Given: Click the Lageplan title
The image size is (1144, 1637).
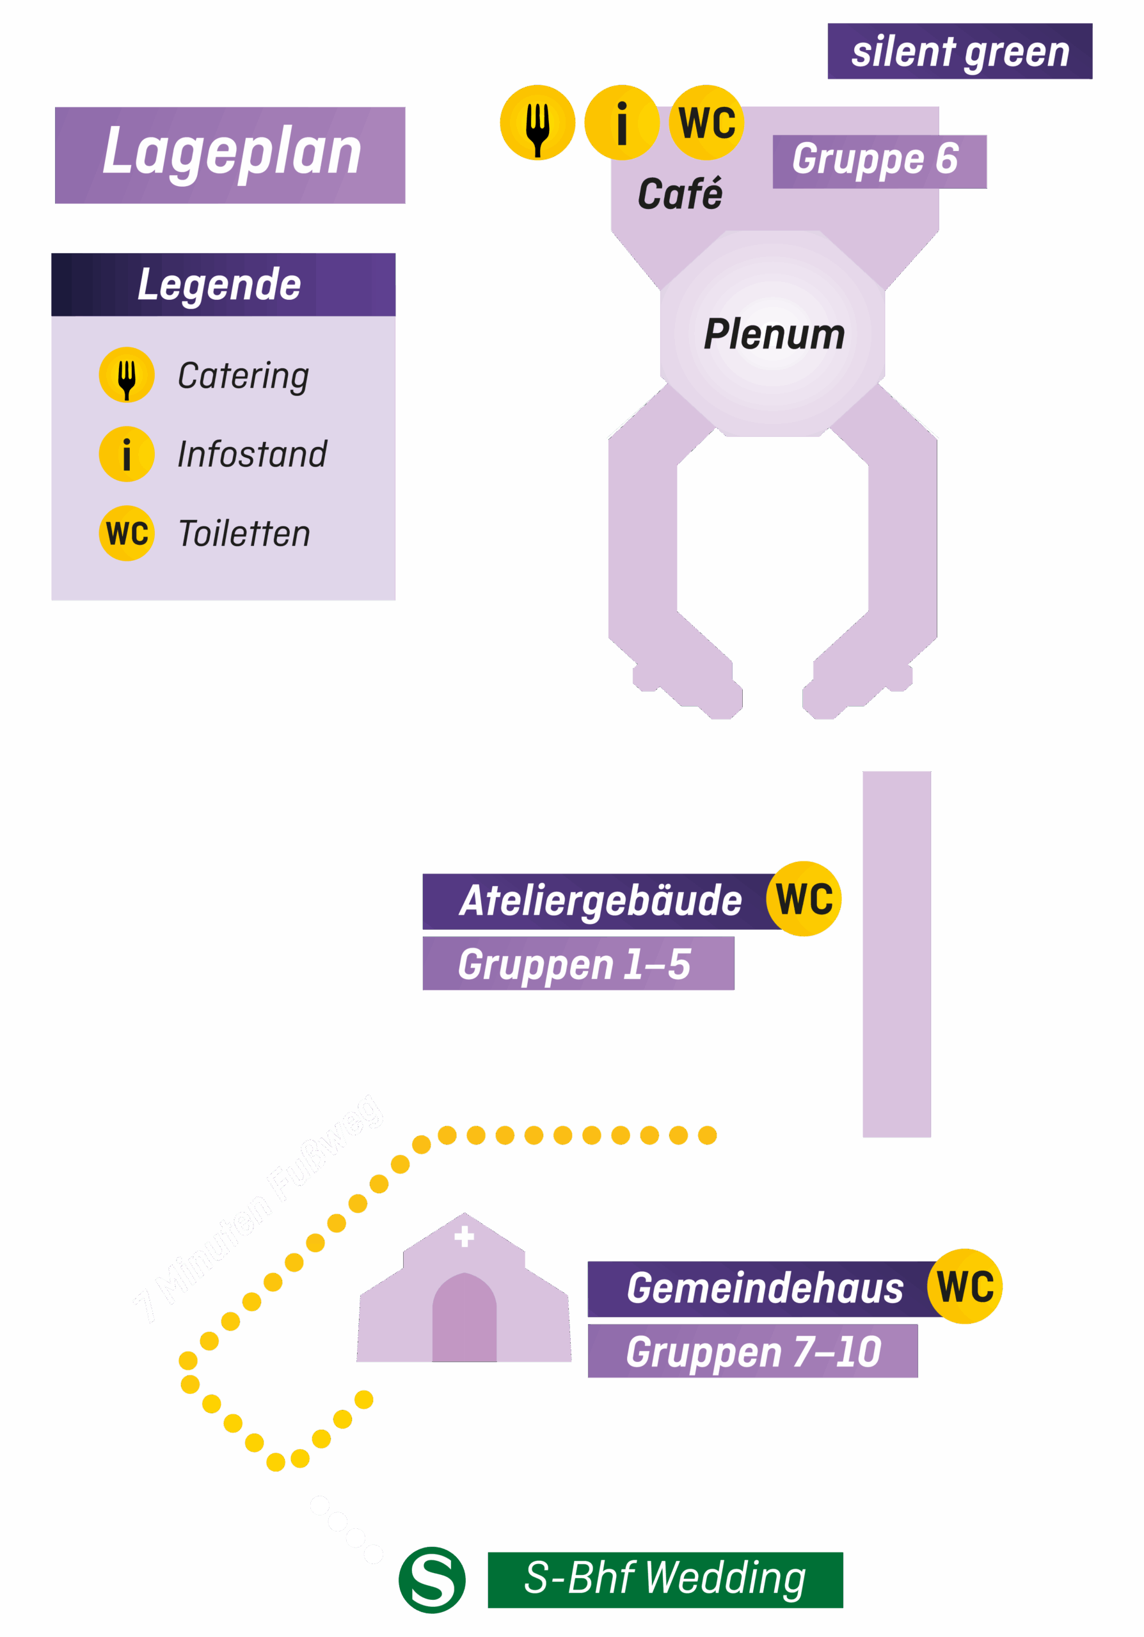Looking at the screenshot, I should coord(230,154).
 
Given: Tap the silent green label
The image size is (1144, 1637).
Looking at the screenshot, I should coord(959,51).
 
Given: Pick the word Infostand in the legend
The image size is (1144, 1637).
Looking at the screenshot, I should coord(251,454).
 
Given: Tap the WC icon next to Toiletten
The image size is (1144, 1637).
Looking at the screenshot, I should coord(126,533).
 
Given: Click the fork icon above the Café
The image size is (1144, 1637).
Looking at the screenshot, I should coord(537,123).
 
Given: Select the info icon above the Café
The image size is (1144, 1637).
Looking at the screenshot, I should coord(621,123).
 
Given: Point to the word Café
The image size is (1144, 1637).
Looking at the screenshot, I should coord(679,194).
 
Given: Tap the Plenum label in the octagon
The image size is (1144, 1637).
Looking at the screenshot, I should coord(774,334).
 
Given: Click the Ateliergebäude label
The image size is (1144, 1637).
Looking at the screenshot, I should coord(599,901).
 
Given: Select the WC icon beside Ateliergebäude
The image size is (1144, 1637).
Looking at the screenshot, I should coord(804,898).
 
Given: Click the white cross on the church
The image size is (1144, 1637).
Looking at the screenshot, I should coord(465,1237).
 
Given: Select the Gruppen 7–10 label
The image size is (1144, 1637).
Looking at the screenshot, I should coord(752,1351).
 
